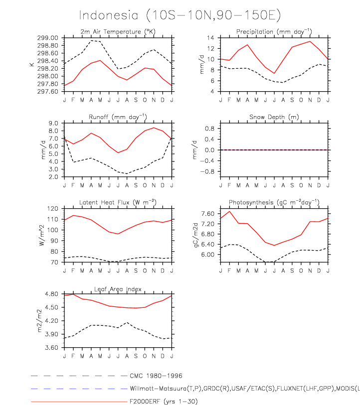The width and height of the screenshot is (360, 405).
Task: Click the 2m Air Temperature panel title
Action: click(x=118, y=32)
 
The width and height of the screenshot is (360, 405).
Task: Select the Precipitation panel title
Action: click(x=274, y=32)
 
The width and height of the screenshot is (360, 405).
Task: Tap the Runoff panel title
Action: click(x=118, y=117)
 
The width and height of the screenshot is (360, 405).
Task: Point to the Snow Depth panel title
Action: click(x=274, y=117)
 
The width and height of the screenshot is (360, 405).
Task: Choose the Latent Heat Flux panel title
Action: click(x=118, y=202)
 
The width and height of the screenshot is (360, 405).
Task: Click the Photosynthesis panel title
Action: click(x=274, y=202)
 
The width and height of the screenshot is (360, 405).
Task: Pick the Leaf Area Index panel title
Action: click(x=118, y=289)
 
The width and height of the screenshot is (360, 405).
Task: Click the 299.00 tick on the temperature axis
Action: click(x=48, y=38)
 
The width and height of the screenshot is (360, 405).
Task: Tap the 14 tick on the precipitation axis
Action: click(x=210, y=38)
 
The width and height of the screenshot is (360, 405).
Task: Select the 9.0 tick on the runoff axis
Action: click(x=53, y=123)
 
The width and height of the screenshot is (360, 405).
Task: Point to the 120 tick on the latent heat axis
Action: click(x=52, y=208)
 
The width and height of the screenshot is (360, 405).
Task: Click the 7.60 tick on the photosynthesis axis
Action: click(x=207, y=214)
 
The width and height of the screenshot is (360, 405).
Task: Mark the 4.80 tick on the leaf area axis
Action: click(x=51, y=294)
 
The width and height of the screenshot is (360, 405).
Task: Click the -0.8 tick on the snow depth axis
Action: click(x=208, y=171)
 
